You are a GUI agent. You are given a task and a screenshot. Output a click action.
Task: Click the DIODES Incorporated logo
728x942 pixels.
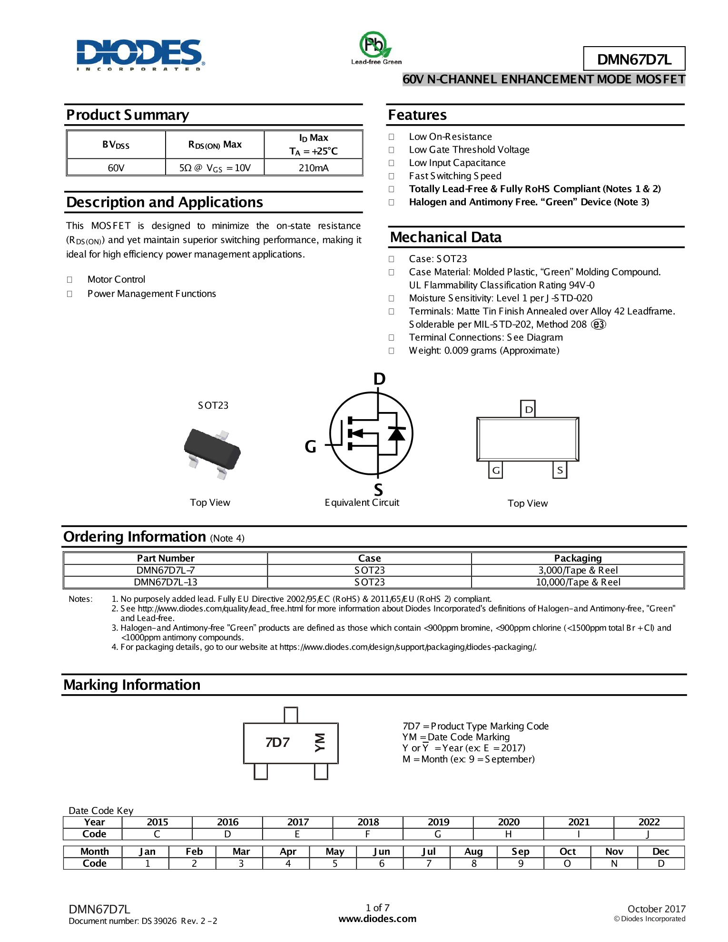(x=140, y=54)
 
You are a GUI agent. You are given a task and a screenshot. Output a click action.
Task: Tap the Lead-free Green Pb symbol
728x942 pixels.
(x=375, y=46)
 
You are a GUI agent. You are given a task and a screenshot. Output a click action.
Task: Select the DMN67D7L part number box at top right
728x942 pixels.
(x=634, y=59)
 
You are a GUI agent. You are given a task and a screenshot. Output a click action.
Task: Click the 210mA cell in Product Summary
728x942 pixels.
(x=314, y=167)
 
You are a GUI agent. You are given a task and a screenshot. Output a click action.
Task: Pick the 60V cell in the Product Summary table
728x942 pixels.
(x=116, y=167)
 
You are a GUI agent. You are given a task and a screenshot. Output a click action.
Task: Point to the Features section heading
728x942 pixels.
(x=417, y=115)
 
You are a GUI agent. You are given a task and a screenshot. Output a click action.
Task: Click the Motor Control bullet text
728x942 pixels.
(x=116, y=279)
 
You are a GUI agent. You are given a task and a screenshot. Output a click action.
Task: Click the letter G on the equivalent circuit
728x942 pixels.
(x=310, y=446)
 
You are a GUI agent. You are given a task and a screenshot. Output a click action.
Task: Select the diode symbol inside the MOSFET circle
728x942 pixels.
(x=396, y=433)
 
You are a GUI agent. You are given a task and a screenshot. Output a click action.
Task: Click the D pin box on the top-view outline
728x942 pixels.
(x=528, y=409)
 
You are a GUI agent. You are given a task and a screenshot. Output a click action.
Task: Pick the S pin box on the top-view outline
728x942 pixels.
(x=560, y=470)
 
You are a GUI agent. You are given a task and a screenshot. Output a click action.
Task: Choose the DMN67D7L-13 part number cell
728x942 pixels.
(x=165, y=582)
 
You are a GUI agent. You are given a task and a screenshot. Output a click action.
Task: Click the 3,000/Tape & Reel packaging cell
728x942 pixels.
(x=578, y=570)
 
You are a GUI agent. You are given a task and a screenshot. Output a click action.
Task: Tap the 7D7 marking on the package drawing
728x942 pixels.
(x=277, y=742)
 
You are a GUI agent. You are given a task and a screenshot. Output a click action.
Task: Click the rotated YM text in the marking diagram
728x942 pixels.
(x=320, y=742)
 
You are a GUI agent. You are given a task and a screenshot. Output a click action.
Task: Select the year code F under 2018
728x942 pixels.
(x=367, y=834)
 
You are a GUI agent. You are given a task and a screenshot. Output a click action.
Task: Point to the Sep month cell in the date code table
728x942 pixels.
(x=520, y=852)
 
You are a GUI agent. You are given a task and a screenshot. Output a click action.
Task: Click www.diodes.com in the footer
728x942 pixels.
(x=377, y=919)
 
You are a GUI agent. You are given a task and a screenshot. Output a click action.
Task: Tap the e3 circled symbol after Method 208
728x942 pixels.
(x=599, y=324)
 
